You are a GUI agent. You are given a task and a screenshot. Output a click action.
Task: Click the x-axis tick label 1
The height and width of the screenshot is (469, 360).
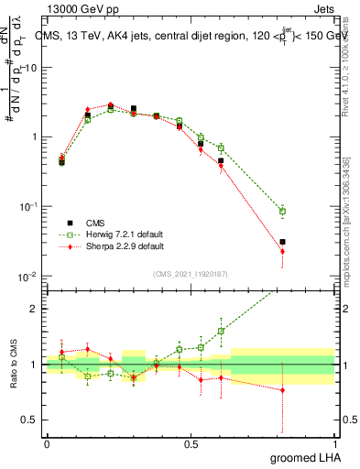[x=334, y=444]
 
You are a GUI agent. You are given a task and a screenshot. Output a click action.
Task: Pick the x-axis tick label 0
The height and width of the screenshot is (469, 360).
[x=46, y=444]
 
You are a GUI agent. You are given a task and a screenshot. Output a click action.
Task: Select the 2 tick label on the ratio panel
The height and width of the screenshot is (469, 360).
[x=36, y=309]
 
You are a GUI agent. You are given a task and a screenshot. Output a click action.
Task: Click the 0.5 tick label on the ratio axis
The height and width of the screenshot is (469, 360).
[x=32, y=421]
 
